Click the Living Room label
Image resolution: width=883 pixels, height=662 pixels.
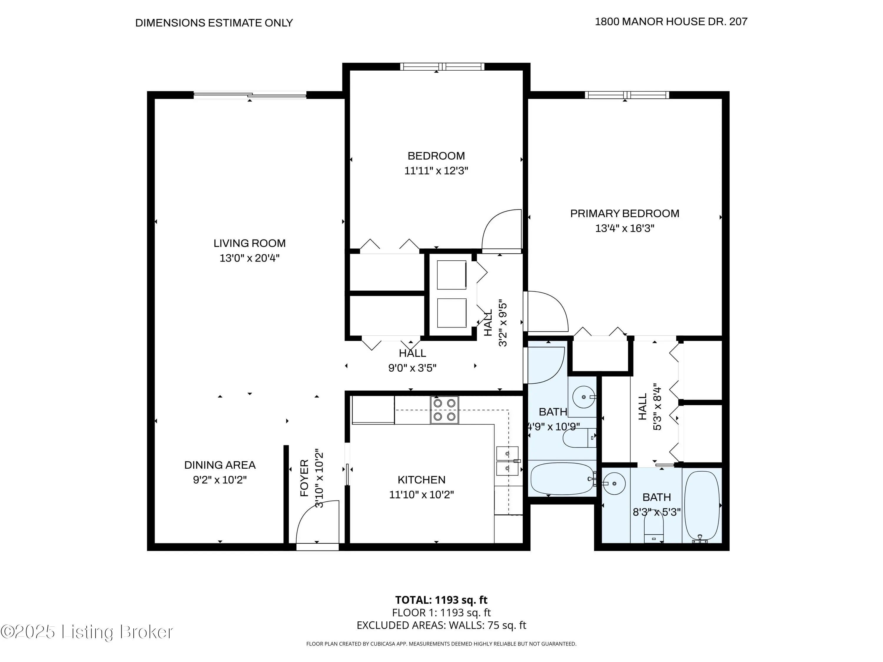tap(250, 243)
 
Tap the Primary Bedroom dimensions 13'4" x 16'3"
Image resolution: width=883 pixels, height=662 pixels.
tap(625, 228)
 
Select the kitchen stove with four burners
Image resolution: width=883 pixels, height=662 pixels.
tap(444, 410)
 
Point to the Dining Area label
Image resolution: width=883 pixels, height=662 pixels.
tap(220, 465)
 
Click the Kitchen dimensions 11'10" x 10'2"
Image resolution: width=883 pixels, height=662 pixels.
tap(421, 494)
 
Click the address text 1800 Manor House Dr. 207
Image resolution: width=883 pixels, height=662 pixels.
tap(671, 21)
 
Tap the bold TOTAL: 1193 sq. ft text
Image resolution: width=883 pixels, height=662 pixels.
tap(441, 600)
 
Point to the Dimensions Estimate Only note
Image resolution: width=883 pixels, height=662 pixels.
tap(214, 23)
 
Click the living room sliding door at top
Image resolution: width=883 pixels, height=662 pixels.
tap(250, 95)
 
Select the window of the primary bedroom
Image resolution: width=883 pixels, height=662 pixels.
tap(627, 95)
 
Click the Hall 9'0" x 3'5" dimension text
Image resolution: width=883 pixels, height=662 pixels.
tap(412, 367)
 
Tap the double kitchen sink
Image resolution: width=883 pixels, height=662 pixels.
tap(507, 460)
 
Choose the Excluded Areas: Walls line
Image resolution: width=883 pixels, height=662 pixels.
tap(441, 625)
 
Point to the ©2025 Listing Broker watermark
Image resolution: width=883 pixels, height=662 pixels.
tap(87, 632)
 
